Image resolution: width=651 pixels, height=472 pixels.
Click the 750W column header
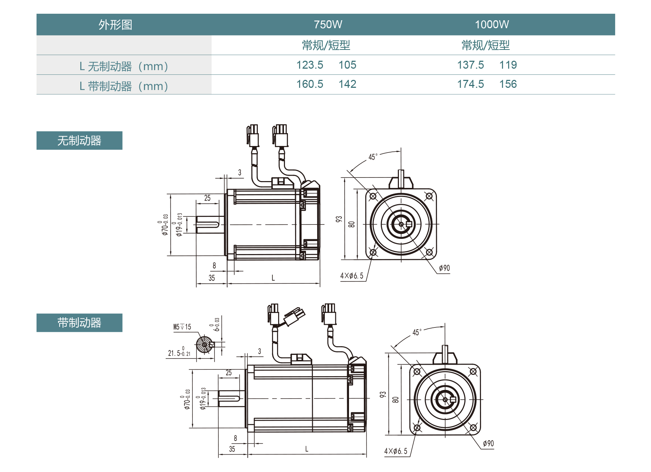point(328,25)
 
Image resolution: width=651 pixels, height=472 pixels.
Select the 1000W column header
point(492,25)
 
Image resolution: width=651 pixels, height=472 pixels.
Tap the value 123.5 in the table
point(310,65)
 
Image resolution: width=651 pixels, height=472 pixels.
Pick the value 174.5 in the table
point(470,84)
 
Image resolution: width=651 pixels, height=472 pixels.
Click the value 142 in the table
point(347,84)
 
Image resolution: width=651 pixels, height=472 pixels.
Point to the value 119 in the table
point(508,65)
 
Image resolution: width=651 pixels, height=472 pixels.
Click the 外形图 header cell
point(115,25)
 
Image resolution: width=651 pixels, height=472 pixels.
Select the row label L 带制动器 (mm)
point(124,86)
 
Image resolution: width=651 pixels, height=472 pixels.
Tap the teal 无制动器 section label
point(79,141)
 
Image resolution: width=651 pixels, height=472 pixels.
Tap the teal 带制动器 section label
point(79,323)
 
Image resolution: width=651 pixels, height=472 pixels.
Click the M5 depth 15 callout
point(182,327)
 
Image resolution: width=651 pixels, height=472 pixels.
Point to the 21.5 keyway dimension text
point(179,353)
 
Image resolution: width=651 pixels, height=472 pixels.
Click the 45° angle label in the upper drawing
point(373,157)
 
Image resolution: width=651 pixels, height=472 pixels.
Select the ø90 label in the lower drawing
point(488,443)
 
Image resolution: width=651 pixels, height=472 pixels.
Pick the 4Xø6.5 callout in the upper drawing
point(352,276)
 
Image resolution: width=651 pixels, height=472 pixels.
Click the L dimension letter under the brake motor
point(307,449)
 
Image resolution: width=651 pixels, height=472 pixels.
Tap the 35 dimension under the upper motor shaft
point(212,278)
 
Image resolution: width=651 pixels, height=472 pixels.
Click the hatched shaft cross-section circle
point(204,344)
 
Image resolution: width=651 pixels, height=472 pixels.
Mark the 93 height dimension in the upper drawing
point(339,219)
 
